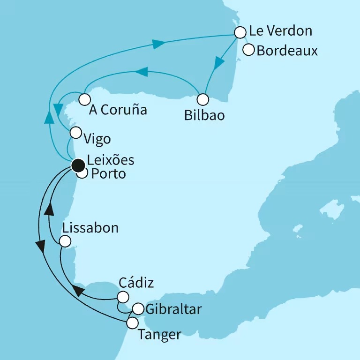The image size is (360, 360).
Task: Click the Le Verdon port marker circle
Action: [240, 32]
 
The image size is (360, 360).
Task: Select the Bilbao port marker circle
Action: [202, 99]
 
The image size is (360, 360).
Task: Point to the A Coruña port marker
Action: [84, 99]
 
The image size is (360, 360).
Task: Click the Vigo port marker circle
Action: [75, 133]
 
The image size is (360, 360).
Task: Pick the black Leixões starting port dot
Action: [77, 165]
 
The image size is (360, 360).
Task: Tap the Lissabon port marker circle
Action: [65, 241]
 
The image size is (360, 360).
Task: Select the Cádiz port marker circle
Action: [123, 297]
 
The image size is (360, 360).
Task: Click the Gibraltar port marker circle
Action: [138, 309]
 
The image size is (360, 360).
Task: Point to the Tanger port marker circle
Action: [133, 322]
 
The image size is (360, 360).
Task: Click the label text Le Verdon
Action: [280, 31]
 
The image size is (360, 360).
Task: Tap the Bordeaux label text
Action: [287, 50]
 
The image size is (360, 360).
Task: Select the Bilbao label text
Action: [204, 115]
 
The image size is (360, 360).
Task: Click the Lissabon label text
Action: [90, 228]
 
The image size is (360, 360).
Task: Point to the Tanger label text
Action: [159, 335]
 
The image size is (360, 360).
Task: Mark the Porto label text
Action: [107, 174]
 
